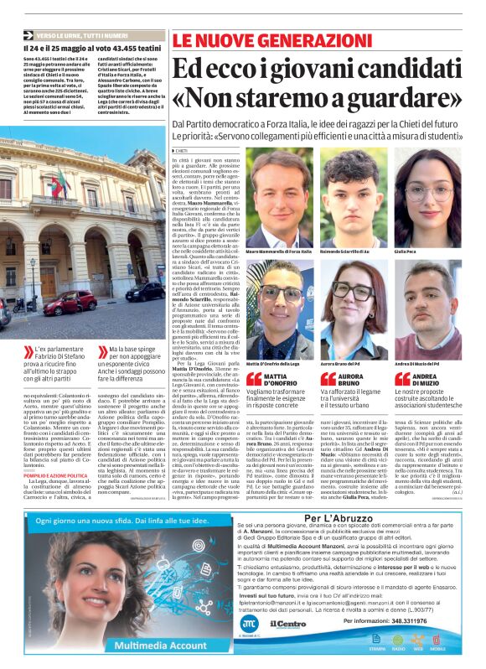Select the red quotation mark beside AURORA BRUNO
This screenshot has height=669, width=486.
(328, 379)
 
